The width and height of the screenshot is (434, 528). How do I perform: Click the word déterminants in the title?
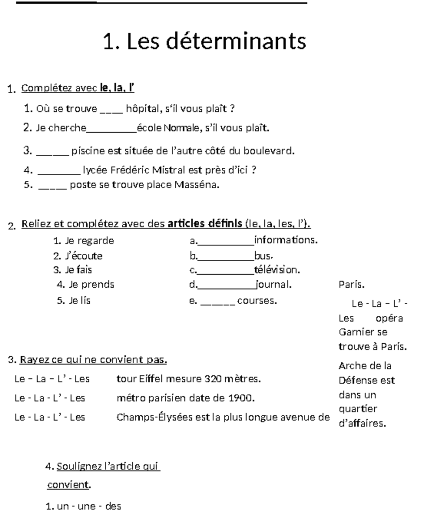coord(236,41)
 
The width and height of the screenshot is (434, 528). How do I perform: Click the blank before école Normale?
coord(111,129)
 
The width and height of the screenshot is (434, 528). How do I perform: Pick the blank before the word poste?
coord(52,186)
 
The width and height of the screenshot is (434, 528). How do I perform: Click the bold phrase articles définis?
coord(205,224)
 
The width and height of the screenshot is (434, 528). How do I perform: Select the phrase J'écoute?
coord(84,256)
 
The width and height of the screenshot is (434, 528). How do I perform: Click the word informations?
coord(286,240)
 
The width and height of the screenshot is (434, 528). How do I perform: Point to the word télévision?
coord(277,270)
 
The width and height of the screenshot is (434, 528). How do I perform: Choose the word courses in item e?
coord(257,301)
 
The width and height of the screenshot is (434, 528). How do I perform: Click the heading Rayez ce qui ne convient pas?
coord(93,360)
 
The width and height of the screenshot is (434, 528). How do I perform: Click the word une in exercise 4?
coord(86,506)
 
